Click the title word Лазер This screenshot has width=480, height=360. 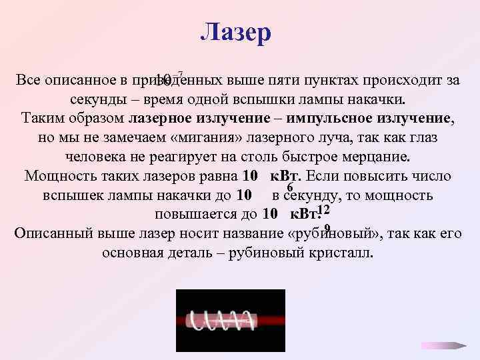coord(236,32)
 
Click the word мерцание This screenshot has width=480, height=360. coord(377,157)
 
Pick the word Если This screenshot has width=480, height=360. coord(325,177)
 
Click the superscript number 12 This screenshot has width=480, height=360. coord(324,210)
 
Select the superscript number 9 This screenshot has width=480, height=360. coord(327,228)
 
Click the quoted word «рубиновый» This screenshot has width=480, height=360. coord(344,234)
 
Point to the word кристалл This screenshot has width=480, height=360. coord(342,254)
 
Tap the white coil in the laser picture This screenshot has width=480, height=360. coord(221,321)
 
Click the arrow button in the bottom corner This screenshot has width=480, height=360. coord(445,345)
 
